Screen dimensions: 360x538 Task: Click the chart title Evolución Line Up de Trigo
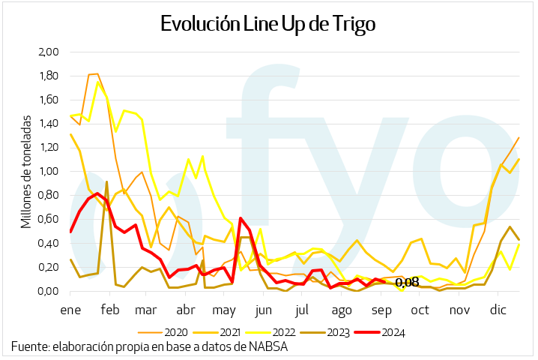(x=268, y=24)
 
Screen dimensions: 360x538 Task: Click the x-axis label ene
(x=70, y=309)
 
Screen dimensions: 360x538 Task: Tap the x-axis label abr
(x=185, y=309)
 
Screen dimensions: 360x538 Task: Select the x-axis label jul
(x=302, y=309)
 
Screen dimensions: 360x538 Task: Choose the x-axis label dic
(x=497, y=309)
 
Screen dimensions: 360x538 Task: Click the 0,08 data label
(x=406, y=283)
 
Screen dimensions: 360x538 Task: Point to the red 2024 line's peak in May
(x=241, y=218)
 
